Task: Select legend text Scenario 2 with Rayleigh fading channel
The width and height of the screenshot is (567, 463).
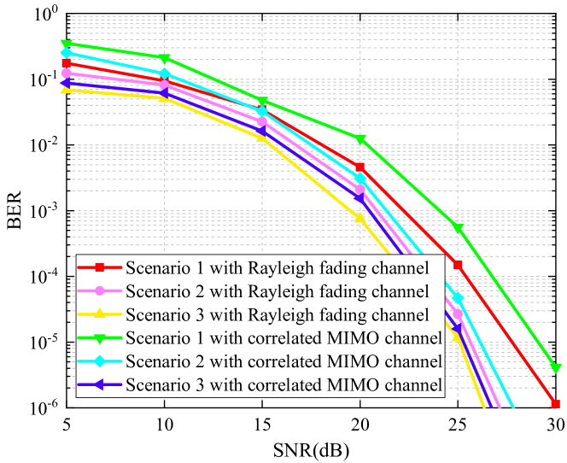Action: click(x=277, y=292)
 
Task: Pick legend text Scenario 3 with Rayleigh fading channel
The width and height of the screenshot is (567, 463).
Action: click(x=277, y=315)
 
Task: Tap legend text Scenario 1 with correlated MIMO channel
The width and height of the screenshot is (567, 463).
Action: click(x=283, y=338)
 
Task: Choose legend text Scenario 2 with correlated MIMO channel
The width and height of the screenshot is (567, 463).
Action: click(x=283, y=361)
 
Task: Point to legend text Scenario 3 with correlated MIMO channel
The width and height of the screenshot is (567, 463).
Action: click(x=283, y=384)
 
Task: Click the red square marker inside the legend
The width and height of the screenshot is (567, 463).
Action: click(x=100, y=268)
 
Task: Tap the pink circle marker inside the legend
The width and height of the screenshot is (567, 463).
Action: click(x=100, y=291)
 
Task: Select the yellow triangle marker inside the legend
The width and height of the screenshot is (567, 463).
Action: click(x=100, y=314)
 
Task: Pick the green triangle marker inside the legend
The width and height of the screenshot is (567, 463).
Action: click(x=100, y=338)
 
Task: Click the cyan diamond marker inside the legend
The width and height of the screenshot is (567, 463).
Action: click(x=100, y=361)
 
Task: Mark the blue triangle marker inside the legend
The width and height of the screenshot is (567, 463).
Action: click(x=100, y=384)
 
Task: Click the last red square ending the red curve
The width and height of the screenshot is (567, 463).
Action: click(x=555, y=404)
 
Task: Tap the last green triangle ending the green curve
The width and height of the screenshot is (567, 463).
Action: click(x=556, y=369)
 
